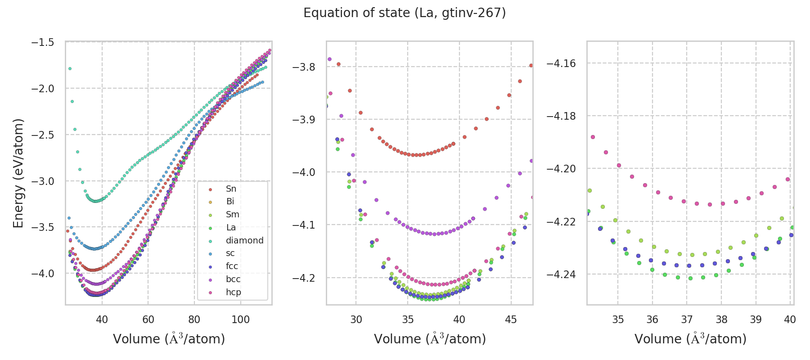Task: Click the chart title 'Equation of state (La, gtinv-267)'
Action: tap(405, 13)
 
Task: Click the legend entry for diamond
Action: tap(244, 240)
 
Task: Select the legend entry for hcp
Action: tap(234, 292)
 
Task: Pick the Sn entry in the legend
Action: tap(231, 189)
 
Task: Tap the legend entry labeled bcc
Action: tap(233, 279)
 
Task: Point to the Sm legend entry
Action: tap(232, 215)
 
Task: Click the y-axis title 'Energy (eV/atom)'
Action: tap(18, 173)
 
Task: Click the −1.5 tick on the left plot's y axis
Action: tap(43, 42)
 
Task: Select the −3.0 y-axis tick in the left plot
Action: tap(43, 181)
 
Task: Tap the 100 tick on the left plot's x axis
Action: tap(240, 319)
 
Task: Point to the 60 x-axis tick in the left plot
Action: tap(148, 319)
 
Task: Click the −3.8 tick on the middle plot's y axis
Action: tap(304, 67)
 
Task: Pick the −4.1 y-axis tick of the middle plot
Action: tap(304, 225)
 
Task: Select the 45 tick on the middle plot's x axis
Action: tap(511, 319)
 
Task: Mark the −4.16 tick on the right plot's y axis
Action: tap(561, 63)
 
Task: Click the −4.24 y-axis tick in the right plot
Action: tap(561, 274)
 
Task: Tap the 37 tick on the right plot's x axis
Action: tap(687, 319)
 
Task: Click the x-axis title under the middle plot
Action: tap(430, 339)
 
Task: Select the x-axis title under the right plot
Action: tap(690, 339)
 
